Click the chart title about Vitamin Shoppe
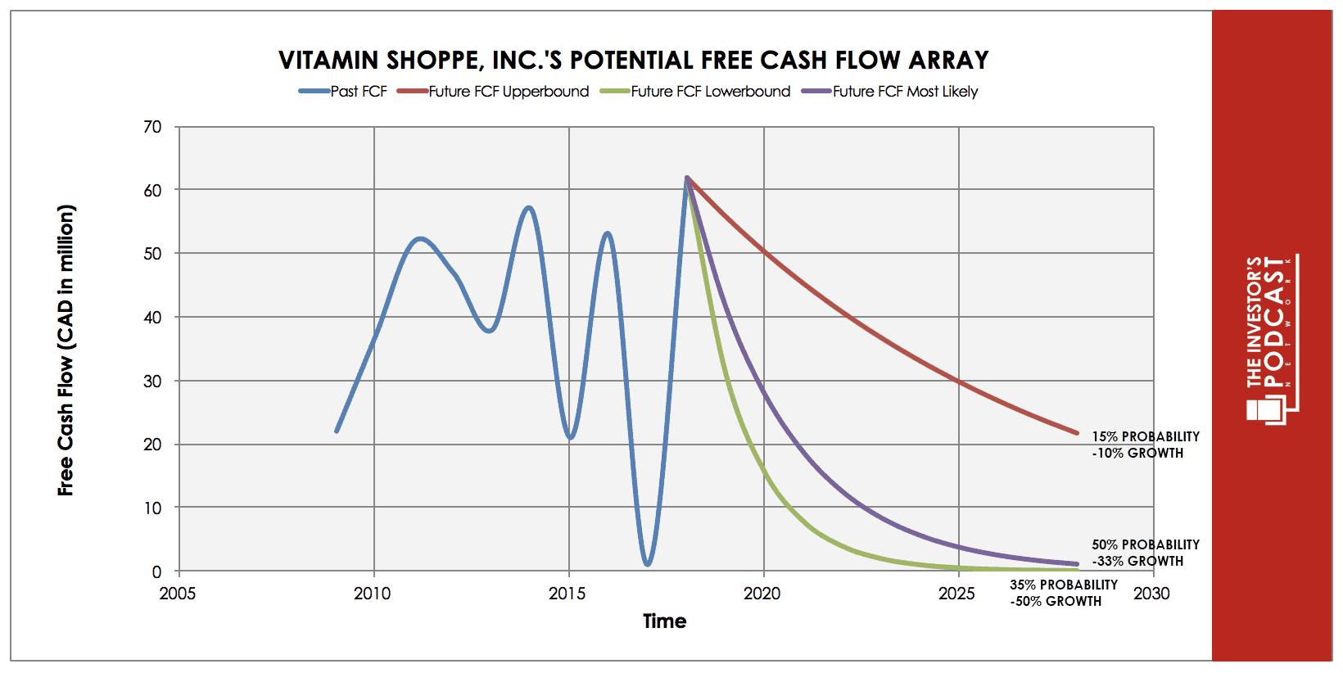[x=633, y=60]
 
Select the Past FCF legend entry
[x=343, y=91]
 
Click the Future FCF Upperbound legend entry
[x=493, y=91]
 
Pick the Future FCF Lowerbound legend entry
[x=695, y=91]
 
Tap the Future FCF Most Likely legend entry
[x=889, y=91]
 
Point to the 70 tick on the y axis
[x=152, y=127]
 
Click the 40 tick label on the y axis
[x=152, y=317]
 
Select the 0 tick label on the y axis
[x=156, y=571]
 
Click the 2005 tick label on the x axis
[x=178, y=594]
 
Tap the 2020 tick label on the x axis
[x=762, y=594]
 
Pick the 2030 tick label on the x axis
[x=1151, y=594]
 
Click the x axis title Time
[x=664, y=621]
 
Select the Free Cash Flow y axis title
[x=66, y=350]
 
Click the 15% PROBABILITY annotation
[x=1146, y=437]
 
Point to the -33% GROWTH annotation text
[x=1137, y=561]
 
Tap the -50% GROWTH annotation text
[x=1056, y=601]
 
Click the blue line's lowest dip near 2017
[x=647, y=564]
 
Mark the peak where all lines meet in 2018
[x=686, y=177]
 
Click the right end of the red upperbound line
[x=1077, y=432]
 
